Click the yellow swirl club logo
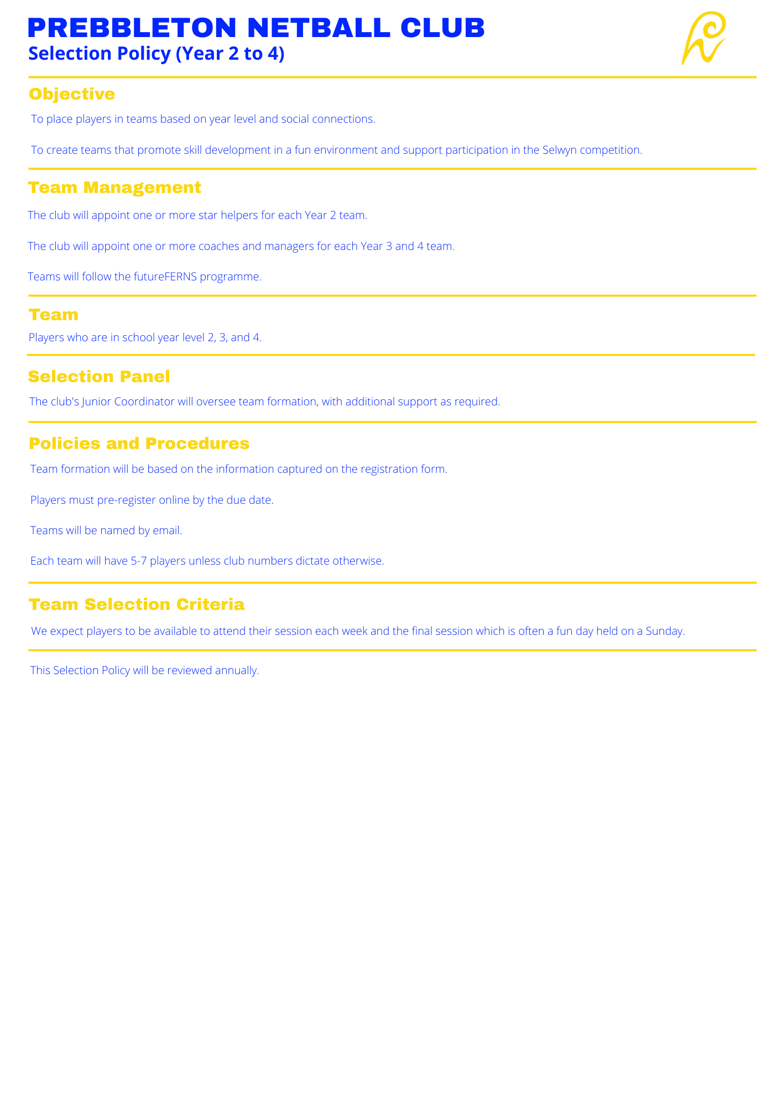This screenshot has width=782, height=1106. coord(703,38)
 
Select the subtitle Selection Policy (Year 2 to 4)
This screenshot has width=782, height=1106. coord(156,54)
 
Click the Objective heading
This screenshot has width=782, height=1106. coord(72,94)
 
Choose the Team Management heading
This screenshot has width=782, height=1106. coord(114,187)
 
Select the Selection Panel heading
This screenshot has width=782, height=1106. coord(99,377)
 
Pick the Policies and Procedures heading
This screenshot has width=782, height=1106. coord(139,444)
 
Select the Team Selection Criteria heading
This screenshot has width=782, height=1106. coord(137,604)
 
